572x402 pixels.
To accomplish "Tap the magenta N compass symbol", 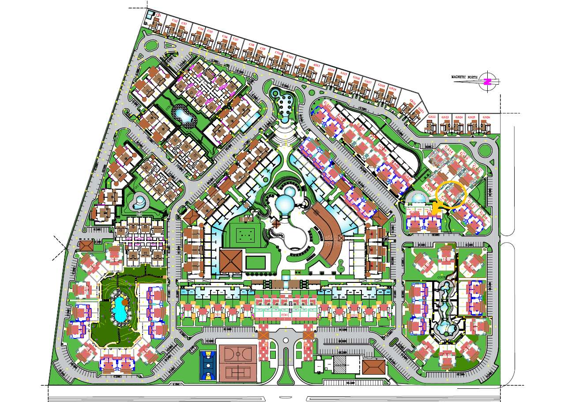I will point(488,82).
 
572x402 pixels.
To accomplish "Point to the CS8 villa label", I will point(251,45).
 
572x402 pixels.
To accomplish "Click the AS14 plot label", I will point(330,70).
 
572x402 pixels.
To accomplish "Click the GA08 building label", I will point(414,213).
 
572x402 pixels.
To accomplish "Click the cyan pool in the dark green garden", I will point(119,309).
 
